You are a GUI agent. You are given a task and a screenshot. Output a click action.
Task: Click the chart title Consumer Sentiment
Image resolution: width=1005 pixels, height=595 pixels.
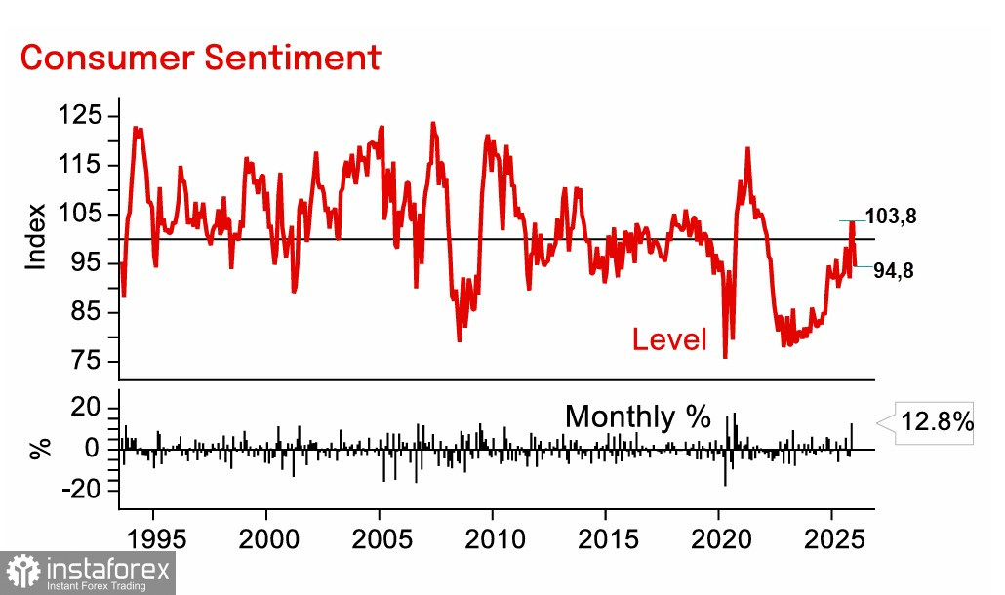(200, 57)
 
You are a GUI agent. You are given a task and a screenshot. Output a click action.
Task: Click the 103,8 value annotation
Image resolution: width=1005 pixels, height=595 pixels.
(891, 218)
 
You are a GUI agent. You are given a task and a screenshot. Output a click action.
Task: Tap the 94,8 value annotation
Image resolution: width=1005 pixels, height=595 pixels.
(893, 271)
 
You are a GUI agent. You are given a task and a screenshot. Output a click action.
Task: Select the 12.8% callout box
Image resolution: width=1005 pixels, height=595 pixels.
(936, 422)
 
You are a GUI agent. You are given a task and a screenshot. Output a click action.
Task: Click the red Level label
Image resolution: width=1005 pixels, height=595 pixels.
(669, 339)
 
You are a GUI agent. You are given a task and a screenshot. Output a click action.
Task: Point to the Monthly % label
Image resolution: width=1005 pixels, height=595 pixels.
(638, 416)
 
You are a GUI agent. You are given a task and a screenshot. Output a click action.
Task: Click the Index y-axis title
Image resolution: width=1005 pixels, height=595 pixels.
(36, 237)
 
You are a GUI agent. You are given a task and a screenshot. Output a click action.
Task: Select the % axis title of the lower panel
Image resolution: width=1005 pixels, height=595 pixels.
(39, 449)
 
